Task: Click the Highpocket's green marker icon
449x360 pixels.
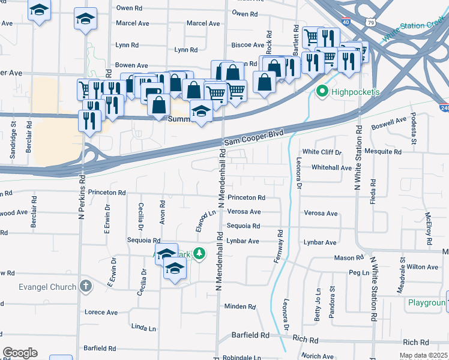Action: pyautogui.click(x=321, y=92)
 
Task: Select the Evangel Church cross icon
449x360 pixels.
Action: pyautogui.click(x=86, y=286)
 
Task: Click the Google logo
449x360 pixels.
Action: pyautogui.click(x=20, y=353)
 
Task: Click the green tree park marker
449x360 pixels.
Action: pyautogui.click(x=200, y=255)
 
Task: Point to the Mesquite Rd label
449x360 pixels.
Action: pyautogui.click(x=385, y=152)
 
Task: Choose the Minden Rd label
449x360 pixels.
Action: pyautogui.click(x=240, y=307)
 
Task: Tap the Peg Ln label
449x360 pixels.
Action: pyautogui.click(x=358, y=273)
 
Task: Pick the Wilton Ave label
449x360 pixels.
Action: pyautogui.click(x=422, y=266)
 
